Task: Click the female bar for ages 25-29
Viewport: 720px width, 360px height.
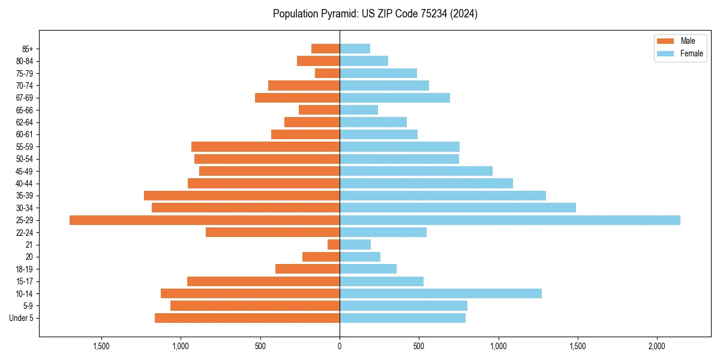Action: click(x=510, y=220)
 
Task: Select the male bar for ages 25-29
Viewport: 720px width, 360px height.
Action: click(x=205, y=220)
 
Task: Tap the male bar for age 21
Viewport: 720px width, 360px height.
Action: click(x=334, y=245)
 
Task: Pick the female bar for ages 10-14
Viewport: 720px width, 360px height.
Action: click(x=440, y=293)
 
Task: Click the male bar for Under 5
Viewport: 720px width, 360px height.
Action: click(x=247, y=318)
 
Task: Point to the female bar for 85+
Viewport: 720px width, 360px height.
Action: click(x=355, y=49)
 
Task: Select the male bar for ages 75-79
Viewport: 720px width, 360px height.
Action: click(x=328, y=73)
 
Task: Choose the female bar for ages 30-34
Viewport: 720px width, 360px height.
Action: click(x=458, y=208)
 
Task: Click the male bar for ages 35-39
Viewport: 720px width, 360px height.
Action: click(x=242, y=196)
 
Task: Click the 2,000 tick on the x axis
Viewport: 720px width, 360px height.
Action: click(x=657, y=346)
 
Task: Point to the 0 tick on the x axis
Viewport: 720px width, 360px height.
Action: click(x=340, y=346)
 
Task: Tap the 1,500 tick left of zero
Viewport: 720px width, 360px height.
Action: click(x=101, y=346)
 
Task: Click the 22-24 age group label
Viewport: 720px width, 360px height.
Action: click(x=25, y=232)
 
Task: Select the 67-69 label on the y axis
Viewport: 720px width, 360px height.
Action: click(x=25, y=98)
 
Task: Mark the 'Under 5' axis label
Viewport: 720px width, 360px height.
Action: click(x=22, y=318)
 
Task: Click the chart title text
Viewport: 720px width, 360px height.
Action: click(x=375, y=14)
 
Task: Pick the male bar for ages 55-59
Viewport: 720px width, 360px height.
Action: click(x=266, y=146)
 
